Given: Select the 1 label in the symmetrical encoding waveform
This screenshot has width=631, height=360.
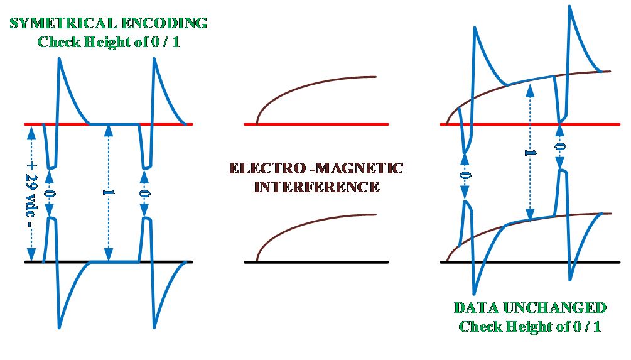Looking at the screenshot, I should (x=108, y=192).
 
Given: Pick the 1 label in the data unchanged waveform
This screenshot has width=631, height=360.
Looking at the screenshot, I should (x=530, y=153).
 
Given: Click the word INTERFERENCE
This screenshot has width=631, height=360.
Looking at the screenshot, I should (x=316, y=187).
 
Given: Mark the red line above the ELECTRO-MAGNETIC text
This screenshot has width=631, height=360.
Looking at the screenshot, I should (x=316, y=124).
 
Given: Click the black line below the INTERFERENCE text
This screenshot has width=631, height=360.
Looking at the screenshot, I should (x=316, y=261).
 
